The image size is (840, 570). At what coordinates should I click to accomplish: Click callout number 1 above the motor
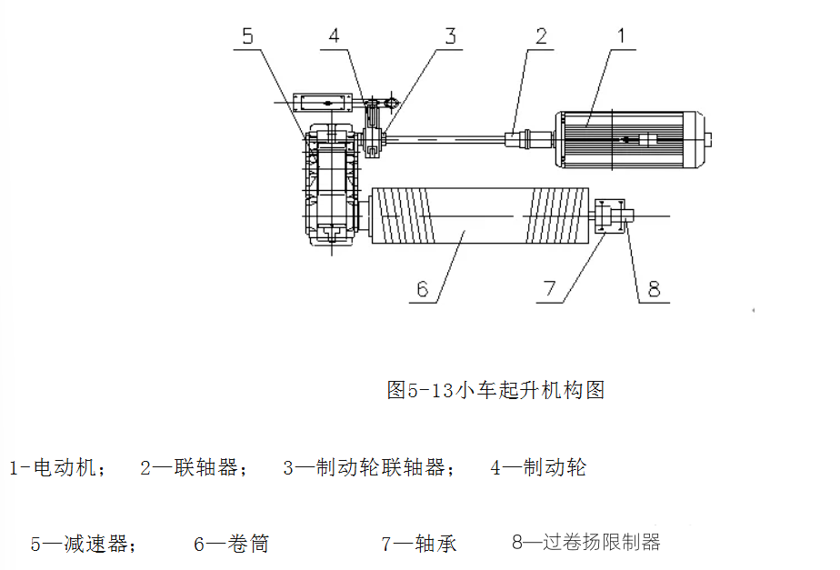tap(622, 35)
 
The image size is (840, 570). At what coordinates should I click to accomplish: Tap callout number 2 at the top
tap(541, 36)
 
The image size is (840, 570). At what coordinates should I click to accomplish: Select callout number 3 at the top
tap(451, 36)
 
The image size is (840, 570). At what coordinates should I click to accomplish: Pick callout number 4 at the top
tap(335, 35)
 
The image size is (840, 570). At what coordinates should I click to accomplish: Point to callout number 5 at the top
tap(247, 36)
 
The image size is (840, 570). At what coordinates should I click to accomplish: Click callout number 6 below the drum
tap(423, 290)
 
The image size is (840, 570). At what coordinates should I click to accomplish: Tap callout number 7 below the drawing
tap(550, 289)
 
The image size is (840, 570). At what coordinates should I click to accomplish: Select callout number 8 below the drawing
tap(655, 290)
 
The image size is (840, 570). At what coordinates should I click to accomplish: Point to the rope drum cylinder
tap(480, 215)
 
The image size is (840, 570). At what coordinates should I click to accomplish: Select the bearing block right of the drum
tap(610, 215)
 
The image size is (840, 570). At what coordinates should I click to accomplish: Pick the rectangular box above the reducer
tap(323, 103)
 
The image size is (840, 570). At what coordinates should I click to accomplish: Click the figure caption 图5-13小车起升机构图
tap(496, 390)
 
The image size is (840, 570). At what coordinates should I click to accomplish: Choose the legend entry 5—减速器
tap(84, 544)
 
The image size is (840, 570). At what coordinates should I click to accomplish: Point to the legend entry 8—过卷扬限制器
tap(586, 542)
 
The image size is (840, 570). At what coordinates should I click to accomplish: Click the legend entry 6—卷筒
tap(232, 544)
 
